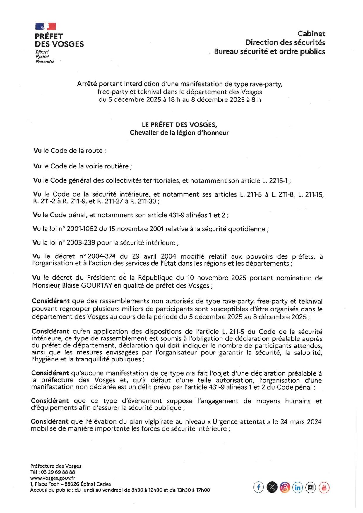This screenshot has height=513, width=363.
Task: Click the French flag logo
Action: tap(46, 27)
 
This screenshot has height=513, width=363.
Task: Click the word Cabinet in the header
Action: tap(311, 34)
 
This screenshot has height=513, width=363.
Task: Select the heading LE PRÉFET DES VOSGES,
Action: tap(179, 125)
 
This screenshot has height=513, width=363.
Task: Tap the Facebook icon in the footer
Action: tap(258, 487)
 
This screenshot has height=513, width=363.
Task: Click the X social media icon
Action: tap(272, 487)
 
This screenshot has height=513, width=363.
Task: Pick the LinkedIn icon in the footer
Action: tap(297, 488)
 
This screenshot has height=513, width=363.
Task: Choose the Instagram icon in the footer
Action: tap(311, 488)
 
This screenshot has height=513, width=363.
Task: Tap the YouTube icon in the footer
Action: tap(324, 488)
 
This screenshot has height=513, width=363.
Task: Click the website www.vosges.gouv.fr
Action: tap(53, 478)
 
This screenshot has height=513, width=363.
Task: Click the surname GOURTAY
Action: tap(97, 285)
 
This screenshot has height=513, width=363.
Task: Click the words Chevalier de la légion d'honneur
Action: tap(179, 132)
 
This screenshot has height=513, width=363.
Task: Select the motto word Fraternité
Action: tap(44, 62)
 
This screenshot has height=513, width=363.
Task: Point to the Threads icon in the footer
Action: tap(285, 488)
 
